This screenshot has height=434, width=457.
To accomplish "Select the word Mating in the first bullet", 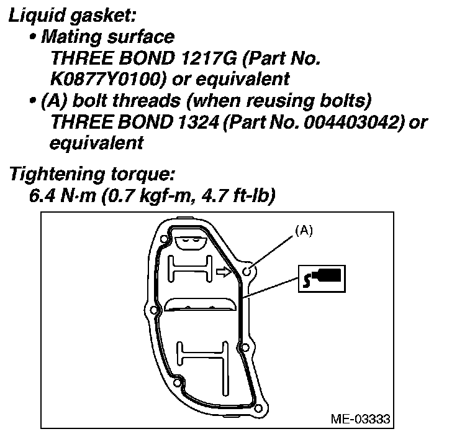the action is tap(69, 37).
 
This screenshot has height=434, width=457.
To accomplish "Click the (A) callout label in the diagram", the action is tap(304, 230).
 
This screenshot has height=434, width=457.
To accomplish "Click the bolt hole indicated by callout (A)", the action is tap(247, 271).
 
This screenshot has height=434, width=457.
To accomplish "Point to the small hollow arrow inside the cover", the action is tap(222, 272).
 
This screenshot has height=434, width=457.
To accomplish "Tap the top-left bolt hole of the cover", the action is tap(163, 239).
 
